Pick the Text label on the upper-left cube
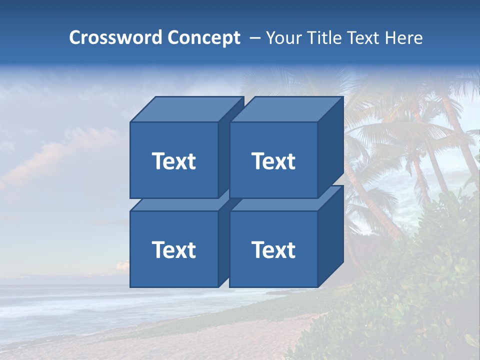click(x=173, y=161)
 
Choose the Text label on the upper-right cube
click(x=273, y=161)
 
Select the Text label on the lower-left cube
click(x=173, y=249)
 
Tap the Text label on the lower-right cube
click(x=273, y=249)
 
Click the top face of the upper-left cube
click(x=187, y=109)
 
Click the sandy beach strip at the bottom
click(x=200, y=345)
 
